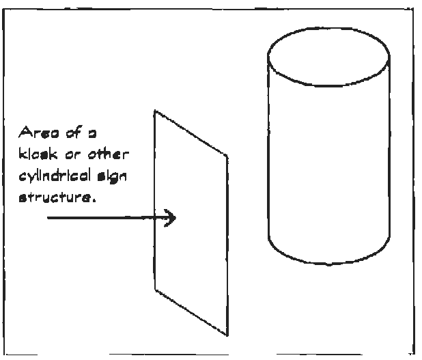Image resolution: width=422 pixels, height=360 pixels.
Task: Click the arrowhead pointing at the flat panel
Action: click(x=172, y=218)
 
